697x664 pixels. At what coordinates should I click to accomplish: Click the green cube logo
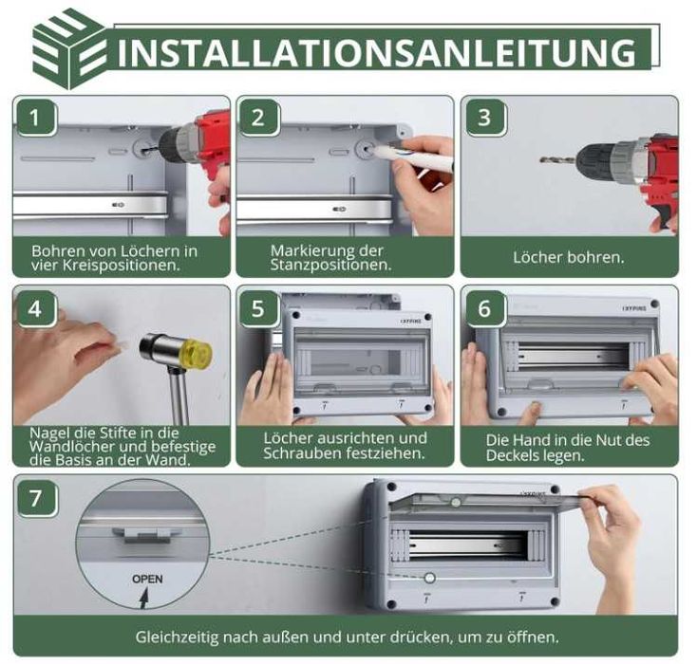pos(70,49)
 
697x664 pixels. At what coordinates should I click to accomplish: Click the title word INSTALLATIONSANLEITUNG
pos(377,53)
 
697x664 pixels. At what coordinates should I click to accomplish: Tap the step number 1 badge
pos(35,119)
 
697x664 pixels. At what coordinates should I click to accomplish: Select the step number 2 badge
pos(258,119)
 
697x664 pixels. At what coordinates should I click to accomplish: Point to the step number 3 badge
pos(484,119)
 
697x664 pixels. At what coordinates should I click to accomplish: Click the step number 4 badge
pos(35,308)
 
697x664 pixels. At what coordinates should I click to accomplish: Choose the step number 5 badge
pos(258,308)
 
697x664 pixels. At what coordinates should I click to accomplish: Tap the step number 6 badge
pos(484,308)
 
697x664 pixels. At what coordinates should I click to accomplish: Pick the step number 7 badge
pos(36,498)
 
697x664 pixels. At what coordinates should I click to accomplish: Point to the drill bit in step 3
pos(558,159)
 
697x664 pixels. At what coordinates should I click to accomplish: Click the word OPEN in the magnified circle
pos(147,580)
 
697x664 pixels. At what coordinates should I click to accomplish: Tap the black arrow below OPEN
pos(144,598)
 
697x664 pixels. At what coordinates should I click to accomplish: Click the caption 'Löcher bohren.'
pos(569,257)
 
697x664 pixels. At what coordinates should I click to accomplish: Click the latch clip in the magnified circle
pos(146,535)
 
